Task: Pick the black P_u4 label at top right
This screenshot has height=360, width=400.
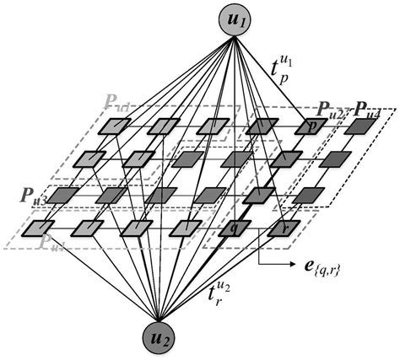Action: coord(364,109)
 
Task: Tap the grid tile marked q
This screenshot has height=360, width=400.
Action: coord(232,228)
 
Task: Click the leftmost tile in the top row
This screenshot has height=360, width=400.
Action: coord(113,126)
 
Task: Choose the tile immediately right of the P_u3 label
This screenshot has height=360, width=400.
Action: coord(62,194)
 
